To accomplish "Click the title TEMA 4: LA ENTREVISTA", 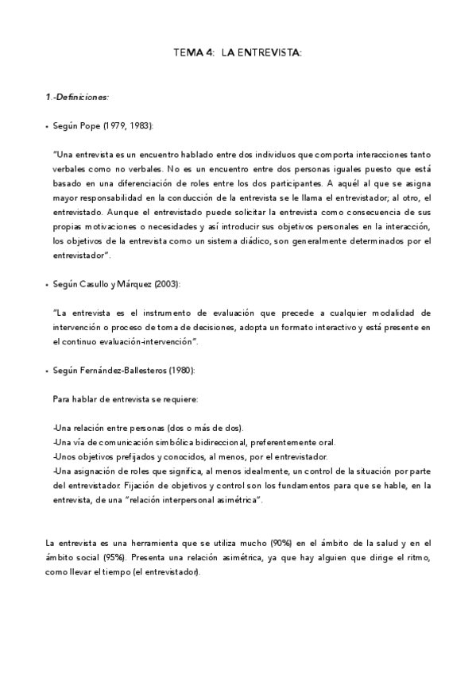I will click(x=238, y=53).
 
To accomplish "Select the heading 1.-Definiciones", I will click(x=77, y=97).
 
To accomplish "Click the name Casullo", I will click(x=104, y=284).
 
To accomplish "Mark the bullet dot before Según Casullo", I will click(x=48, y=284).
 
